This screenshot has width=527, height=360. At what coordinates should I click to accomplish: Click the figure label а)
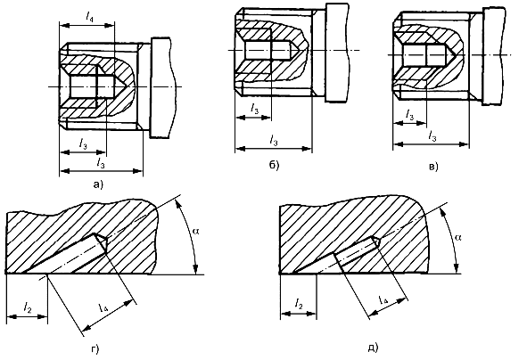click(98, 184)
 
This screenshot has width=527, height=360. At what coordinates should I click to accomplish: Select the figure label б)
click(274, 165)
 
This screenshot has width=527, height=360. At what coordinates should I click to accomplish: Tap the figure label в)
click(433, 167)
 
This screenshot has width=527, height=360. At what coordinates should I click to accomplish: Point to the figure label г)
click(95, 349)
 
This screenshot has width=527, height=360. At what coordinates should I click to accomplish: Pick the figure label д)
click(373, 348)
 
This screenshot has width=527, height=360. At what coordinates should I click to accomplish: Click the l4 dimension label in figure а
click(89, 17)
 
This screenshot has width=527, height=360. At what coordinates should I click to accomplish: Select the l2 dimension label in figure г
click(28, 307)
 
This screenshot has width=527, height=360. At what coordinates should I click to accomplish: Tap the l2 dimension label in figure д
click(299, 304)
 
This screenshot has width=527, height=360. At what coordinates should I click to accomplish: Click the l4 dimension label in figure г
click(103, 307)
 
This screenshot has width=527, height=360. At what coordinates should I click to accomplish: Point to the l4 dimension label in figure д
click(383, 299)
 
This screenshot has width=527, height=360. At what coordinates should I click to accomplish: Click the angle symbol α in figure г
click(195, 231)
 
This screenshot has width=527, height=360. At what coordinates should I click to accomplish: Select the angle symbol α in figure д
click(457, 237)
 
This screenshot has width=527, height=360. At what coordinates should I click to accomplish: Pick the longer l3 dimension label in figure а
click(101, 163)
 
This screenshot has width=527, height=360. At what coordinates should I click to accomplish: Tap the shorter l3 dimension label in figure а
click(83, 143)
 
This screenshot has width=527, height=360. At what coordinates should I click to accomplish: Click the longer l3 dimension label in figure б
click(274, 141)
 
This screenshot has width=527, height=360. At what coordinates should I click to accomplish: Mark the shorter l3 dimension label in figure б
click(255, 108)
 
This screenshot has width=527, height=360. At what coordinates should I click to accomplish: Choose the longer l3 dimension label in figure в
click(432, 136)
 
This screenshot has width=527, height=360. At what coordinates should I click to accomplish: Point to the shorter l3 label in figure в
click(409, 115)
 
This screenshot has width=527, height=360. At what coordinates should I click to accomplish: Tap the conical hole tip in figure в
click(455, 54)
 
